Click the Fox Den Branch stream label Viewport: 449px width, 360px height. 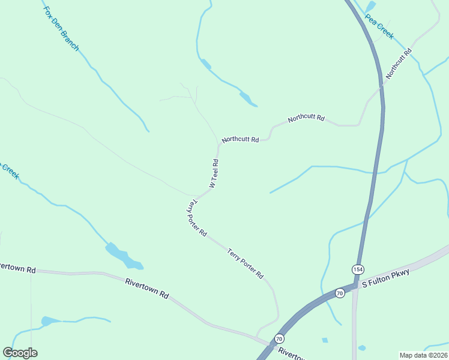(61, 29)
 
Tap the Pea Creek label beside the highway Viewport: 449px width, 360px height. (379, 27)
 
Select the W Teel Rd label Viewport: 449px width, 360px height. (214, 173)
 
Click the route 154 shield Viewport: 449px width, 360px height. (358, 268)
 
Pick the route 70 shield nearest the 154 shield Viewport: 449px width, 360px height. (340, 293)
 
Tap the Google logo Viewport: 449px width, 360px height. (20, 353)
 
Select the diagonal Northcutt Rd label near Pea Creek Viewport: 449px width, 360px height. (399, 64)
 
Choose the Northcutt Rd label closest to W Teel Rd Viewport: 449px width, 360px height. (240, 139)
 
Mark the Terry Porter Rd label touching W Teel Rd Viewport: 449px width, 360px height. (196, 217)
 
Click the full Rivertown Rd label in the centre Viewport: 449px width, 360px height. (147, 288)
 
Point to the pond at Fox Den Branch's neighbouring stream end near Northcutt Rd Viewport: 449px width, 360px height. (246, 97)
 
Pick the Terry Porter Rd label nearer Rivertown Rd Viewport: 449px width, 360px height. (246, 264)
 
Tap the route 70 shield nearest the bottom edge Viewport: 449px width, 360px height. (279, 339)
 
